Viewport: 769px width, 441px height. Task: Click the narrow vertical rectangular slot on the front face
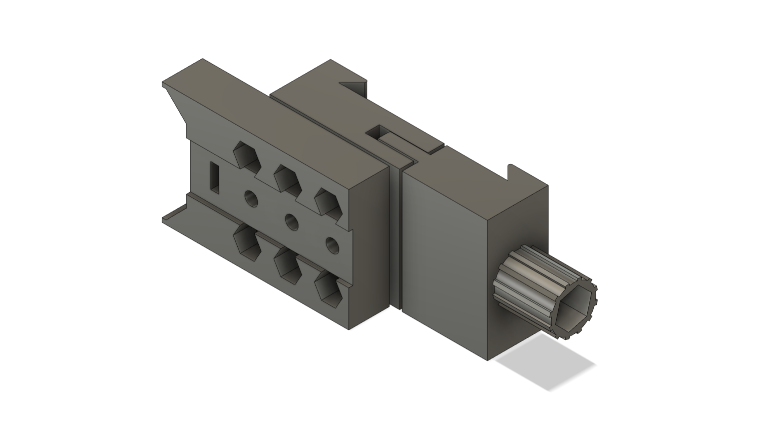[215, 177]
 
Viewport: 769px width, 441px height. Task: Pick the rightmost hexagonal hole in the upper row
[327, 201]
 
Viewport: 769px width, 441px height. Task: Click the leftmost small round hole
[250, 199]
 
